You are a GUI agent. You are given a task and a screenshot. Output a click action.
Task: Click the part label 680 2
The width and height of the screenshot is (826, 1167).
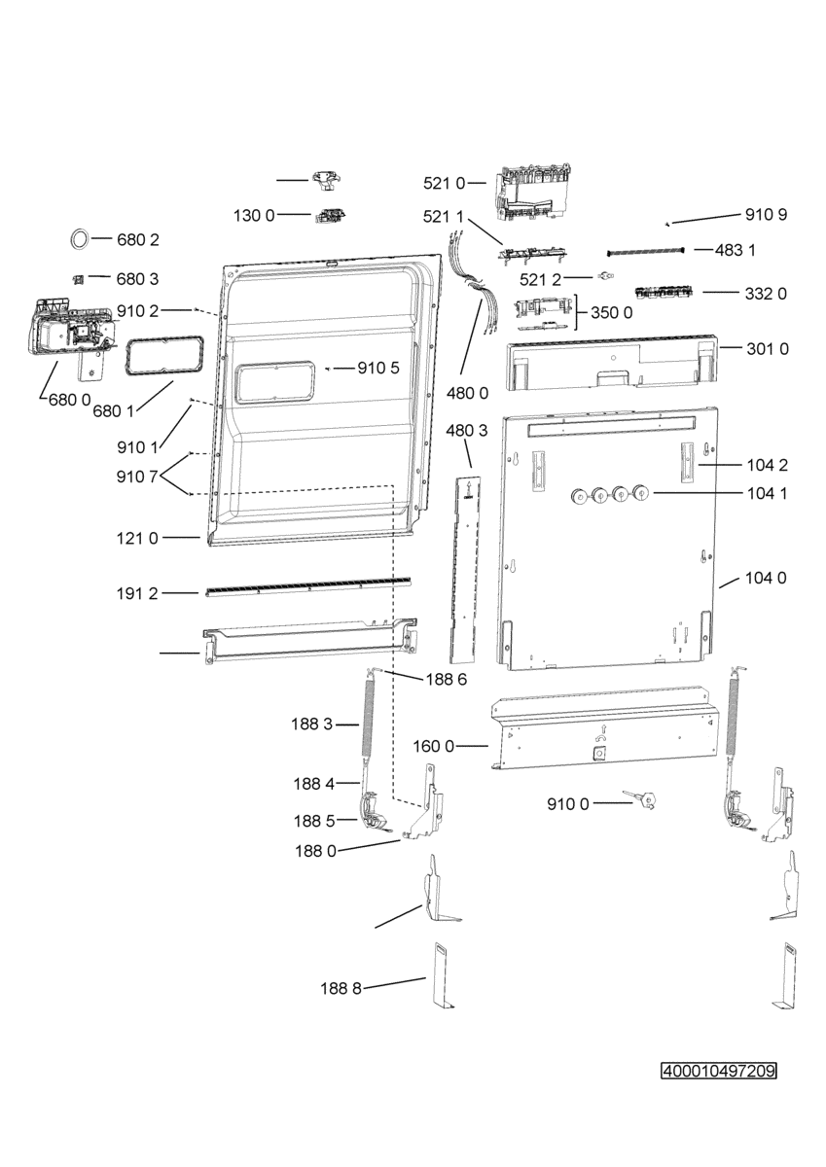tap(137, 240)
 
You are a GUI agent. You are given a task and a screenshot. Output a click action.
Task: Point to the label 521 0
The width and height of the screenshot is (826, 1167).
tap(444, 184)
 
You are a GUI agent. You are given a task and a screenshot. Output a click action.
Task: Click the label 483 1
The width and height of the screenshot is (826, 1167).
tap(735, 251)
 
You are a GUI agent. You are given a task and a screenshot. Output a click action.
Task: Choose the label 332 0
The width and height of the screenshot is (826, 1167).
tap(766, 294)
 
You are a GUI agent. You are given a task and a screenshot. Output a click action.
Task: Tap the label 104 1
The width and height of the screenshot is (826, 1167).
tap(767, 493)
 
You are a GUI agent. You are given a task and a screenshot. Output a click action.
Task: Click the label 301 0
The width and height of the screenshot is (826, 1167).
tap(767, 348)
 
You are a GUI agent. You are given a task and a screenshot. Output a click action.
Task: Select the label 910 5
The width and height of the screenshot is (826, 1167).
tap(378, 369)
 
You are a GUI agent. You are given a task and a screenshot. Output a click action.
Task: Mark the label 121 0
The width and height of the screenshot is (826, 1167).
tap(137, 538)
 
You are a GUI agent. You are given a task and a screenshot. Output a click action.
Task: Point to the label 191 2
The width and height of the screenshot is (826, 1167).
tap(137, 593)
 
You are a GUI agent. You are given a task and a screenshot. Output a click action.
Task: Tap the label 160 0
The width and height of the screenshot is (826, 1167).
tap(434, 747)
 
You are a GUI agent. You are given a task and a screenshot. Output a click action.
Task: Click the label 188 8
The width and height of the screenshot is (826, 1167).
tap(341, 988)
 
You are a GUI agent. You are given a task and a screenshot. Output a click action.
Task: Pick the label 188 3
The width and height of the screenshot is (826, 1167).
tap(311, 724)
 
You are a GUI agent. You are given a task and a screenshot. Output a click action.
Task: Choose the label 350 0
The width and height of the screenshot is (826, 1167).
tap(612, 312)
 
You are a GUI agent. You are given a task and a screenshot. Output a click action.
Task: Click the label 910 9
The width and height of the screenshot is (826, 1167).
tap(766, 215)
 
